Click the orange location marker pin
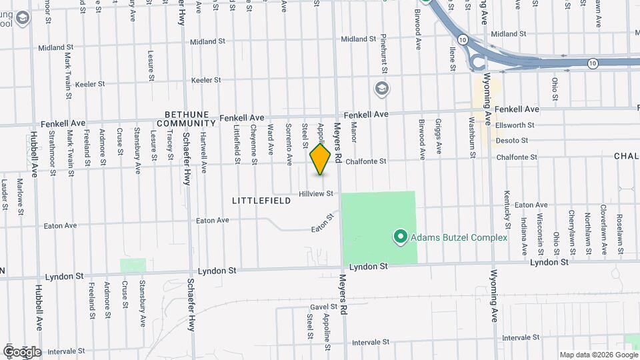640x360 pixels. click(320, 159)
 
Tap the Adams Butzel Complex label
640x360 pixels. click(459, 237)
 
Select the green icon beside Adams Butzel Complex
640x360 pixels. click(400, 237)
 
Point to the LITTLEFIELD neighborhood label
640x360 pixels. click(261, 200)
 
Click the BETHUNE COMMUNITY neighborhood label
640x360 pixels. click(190, 119)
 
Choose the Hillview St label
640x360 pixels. click(316, 193)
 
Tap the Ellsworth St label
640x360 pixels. click(515, 125)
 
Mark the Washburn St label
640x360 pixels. click(471, 137)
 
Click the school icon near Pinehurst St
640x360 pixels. click(382, 89)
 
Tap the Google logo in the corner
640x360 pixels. click(21, 351)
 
